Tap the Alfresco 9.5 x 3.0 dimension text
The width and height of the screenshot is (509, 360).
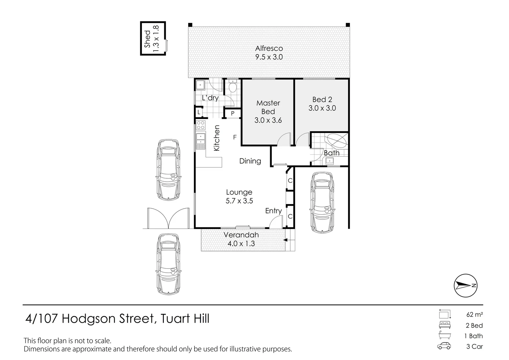click(x=269, y=57)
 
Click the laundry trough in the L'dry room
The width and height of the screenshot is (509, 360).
click(x=200, y=85)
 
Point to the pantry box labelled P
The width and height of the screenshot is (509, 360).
click(x=233, y=113)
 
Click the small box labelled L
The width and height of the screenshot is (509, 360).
click(x=199, y=112)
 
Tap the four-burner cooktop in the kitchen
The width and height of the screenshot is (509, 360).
click(x=201, y=125)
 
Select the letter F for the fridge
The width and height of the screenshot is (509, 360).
click(x=235, y=137)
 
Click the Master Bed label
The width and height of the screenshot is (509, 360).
click(x=268, y=107)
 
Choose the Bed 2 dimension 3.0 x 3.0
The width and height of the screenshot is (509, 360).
click(x=322, y=108)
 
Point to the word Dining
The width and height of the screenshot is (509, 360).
click(x=250, y=161)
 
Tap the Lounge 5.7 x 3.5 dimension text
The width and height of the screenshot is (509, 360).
click(x=239, y=201)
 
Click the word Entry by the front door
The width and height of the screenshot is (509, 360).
click(x=273, y=211)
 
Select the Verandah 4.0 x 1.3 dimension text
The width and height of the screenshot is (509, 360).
click(x=241, y=244)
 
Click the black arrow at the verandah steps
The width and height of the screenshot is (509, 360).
click(x=286, y=240)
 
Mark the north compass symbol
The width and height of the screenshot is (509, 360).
click(x=466, y=285)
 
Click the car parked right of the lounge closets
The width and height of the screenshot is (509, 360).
click(x=322, y=202)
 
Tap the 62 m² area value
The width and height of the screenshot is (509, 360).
click(x=475, y=314)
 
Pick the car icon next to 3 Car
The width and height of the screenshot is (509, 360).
click(x=444, y=346)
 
